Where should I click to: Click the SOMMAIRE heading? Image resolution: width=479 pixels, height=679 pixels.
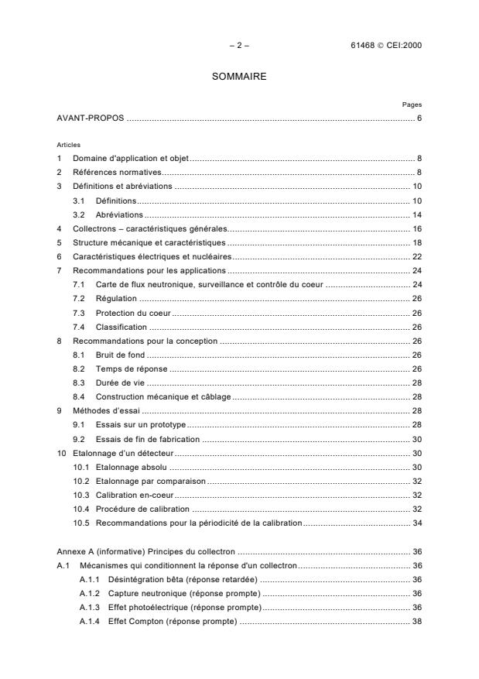[239, 77]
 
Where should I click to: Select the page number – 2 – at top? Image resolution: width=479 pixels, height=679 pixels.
[239, 46]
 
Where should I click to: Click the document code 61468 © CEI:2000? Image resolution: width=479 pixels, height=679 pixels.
[385, 46]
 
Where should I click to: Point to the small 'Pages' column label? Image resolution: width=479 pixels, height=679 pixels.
[412, 105]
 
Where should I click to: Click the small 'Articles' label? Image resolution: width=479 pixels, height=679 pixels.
[67, 145]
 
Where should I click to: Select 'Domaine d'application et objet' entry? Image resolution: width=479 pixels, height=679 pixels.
[131, 158]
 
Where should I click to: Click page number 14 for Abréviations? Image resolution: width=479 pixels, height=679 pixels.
[416, 214]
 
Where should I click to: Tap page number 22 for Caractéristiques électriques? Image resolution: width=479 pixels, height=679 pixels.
[416, 256]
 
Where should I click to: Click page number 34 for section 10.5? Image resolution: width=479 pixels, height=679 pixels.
[416, 523]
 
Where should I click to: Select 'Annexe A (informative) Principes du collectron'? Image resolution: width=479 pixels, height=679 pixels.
[146, 551]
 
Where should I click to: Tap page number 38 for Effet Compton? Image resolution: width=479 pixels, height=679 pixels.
[416, 621]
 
